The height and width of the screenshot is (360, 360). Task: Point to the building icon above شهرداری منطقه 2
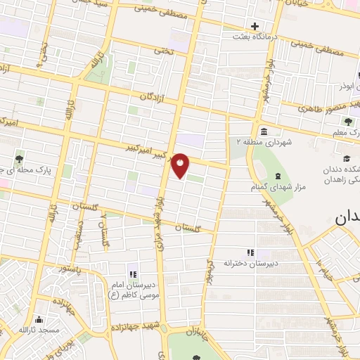click(x=263, y=131)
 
